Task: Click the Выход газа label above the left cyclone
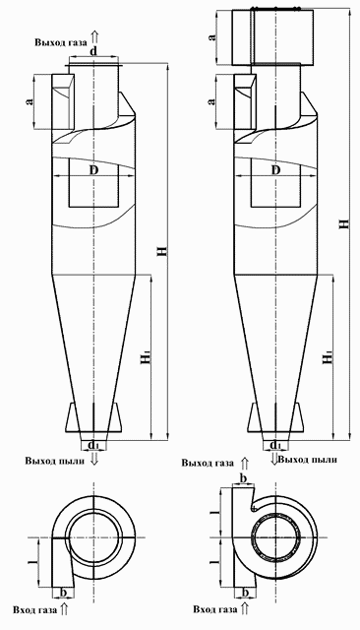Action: coord(60,44)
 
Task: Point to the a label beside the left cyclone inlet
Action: coord(30,100)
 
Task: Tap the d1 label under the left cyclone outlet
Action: coord(93,447)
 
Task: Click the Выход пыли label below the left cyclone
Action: coord(47,461)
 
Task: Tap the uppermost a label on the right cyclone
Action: coord(213,36)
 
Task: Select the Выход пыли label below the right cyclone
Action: coord(307,459)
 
